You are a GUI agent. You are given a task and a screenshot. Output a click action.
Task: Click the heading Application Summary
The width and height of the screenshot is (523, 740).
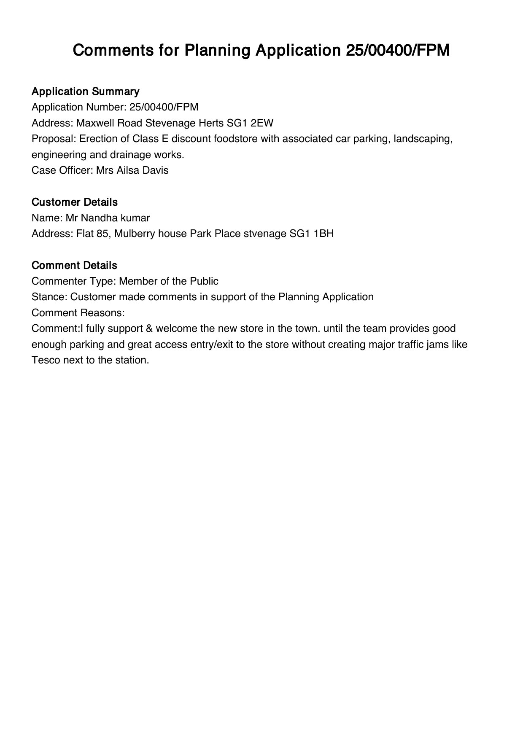(x=85, y=91)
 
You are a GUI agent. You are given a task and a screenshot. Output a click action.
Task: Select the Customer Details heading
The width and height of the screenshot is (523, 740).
(x=74, y=202)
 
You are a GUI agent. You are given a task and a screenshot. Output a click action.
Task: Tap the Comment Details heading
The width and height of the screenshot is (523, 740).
(x=74, y=266)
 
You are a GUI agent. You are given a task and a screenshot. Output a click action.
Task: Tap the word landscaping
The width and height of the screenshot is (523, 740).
(x=423, y=139)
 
